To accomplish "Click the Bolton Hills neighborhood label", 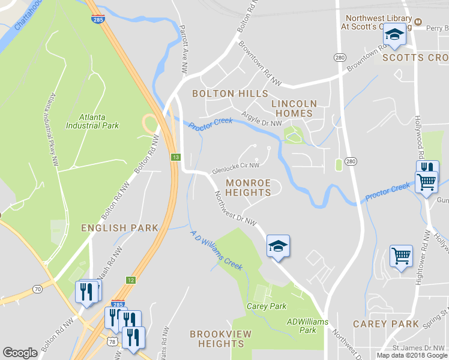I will pos(230,94).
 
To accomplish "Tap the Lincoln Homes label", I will pos(294,108).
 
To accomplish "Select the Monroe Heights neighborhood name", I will pos(248,187).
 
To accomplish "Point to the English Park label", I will pos(120,228).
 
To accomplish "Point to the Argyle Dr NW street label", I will pos(262,118).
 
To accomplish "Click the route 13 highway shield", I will pos(175,157).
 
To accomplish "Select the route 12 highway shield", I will pos(130,280).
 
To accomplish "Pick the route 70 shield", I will pos(38,289).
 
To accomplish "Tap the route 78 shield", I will pos(112,341).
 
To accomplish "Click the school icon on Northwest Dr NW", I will pos(278,246).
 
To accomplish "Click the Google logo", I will pos(20,353).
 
